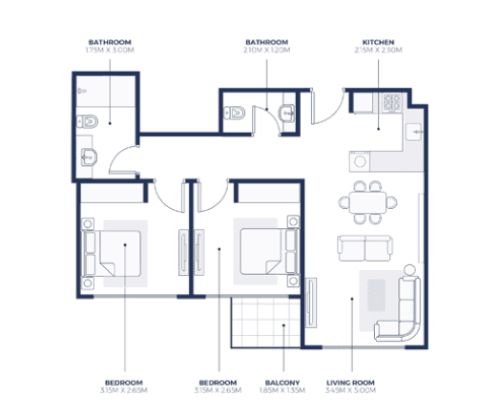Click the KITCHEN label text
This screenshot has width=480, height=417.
pyautogui.click(x=378, y=42)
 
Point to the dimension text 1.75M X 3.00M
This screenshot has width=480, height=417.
pyautogui.click(x=110, y=51)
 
